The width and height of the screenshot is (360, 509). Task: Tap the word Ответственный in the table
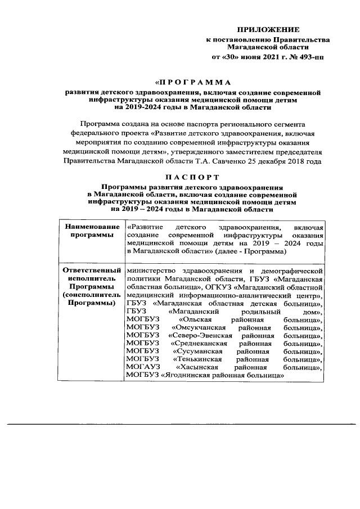click(x=87, y=271)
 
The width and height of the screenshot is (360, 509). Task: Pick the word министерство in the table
click(x=151, y=271)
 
